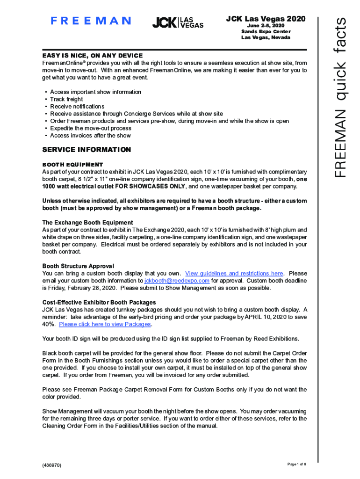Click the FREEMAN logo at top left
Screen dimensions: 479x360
(91, 21)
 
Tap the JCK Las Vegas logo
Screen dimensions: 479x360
(178, 22)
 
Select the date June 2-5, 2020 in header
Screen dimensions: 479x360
(266, 25)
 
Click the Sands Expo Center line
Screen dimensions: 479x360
(266, 31)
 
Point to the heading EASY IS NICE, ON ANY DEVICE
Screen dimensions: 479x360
(92, 56)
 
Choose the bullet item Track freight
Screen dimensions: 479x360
(66, 99)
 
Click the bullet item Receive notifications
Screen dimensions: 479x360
(77, 107)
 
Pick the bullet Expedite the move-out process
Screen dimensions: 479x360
(91, 128)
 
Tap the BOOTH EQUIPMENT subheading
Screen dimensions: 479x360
(72, 165)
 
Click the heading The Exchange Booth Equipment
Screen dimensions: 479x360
(87, 223)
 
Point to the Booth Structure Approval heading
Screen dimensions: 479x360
(78, 266)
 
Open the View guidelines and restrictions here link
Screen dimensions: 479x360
(234, 274)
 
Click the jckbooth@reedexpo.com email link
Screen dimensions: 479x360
(177, 281)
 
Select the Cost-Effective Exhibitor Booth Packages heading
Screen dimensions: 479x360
(99, 303)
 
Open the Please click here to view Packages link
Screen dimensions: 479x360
(105, 324)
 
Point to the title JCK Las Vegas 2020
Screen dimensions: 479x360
(266, 19)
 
